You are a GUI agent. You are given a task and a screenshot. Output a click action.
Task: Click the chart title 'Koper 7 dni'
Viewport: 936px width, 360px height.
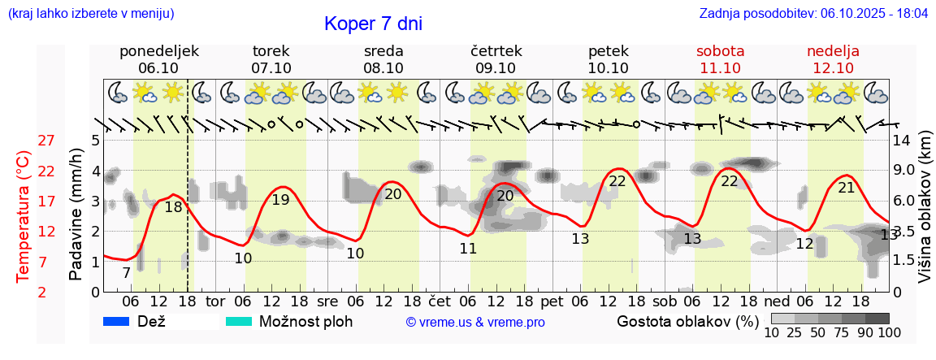[x=373, y=24]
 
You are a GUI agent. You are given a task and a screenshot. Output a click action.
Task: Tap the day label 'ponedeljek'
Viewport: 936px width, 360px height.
[x=158, y=51]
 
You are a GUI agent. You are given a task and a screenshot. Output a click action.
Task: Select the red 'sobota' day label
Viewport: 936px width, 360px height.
[x=720, y=51]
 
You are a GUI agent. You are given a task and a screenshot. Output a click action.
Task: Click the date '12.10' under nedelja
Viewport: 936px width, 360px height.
[x=833, y=68]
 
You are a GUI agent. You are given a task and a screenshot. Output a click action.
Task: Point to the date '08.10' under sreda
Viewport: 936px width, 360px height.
[x=383, y=68]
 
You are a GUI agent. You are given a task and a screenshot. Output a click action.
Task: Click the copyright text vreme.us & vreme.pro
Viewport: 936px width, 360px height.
[x=475, y=322]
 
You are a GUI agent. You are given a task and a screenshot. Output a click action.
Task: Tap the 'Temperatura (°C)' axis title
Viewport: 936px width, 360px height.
[x=24, y=216]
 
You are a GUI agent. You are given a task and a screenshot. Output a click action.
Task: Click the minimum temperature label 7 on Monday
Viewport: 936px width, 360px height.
[x=126, y=273]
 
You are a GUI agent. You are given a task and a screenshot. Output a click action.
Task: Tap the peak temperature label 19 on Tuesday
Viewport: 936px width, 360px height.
[x=280, y=200]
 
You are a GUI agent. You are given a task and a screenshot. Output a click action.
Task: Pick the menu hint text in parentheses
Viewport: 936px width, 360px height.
[x=90, y=14]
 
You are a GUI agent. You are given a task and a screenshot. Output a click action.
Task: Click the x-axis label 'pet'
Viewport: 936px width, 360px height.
[x=552, y=301]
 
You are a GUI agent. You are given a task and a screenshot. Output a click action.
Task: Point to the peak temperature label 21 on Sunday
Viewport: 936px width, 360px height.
[x=846, y=188]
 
